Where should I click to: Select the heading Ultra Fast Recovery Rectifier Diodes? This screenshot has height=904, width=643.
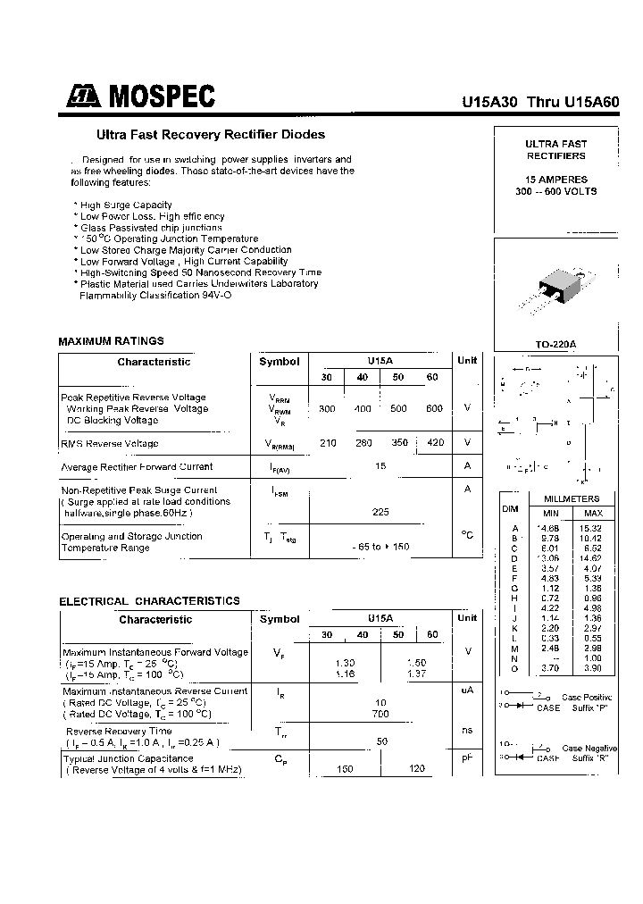coord(211,135)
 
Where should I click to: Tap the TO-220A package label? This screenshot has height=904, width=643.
coord(555,344)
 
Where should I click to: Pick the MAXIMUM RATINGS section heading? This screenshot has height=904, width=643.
coord(111,341)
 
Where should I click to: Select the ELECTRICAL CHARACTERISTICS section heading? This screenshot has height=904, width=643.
coord(149,601)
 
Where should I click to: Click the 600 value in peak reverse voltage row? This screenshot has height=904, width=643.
coord(434,408)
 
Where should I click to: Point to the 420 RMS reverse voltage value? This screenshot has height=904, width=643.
coord(434,443)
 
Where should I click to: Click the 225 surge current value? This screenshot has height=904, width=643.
coord(381,512)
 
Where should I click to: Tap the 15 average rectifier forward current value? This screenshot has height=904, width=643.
coord(381,466)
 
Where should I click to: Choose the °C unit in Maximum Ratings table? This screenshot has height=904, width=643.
coord(466,535)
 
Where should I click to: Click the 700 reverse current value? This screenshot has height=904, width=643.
coord(381,715)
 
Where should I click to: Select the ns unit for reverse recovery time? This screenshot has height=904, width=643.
coord(466,730)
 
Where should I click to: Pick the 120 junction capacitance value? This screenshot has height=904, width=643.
coord(416,769)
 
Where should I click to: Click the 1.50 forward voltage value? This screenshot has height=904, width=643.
coord(416,663)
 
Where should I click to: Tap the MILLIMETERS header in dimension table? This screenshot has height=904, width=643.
coord(572,499)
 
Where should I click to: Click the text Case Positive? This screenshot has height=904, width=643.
coord(586,697)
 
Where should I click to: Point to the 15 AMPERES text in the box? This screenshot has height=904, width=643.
coord(555,180)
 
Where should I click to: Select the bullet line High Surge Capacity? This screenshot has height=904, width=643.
coord(126,205)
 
